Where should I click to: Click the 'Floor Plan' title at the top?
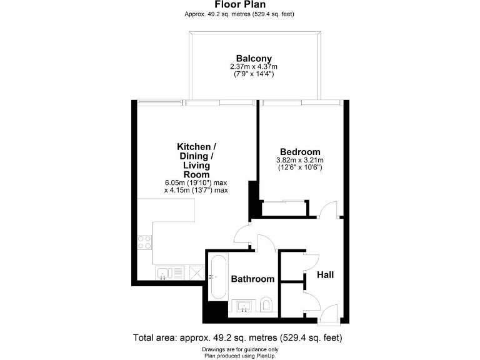239,4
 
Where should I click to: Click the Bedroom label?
300,152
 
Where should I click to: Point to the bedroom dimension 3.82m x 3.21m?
300,160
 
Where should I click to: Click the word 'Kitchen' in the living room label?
194,147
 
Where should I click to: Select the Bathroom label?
252,279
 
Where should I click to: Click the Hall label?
325,275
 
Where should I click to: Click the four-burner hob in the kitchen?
144,242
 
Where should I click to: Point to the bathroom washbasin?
243,306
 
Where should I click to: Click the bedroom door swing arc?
327,209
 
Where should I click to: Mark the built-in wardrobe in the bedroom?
284,208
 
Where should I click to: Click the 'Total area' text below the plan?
237,337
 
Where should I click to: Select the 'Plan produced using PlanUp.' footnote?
239,355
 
